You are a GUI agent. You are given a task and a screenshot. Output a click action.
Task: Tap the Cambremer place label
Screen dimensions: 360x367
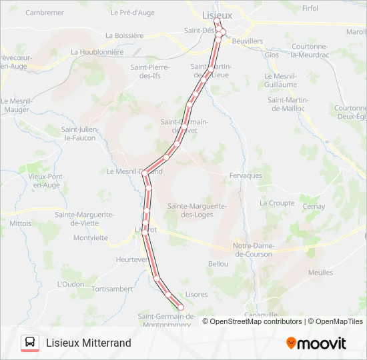point(45,13)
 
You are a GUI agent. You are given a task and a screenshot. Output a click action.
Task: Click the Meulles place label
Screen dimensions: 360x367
point(320,273)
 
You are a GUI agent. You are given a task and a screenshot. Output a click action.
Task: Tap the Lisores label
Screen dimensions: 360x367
point(196,294)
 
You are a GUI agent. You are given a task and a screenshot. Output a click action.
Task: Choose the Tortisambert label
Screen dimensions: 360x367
point(112,289)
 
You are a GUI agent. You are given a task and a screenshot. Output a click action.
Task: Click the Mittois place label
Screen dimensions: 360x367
point(21,223)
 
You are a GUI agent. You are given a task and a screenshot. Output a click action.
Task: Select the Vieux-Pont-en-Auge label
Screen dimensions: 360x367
point(44,181)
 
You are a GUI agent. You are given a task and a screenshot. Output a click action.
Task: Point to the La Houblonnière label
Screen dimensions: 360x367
point(97,51)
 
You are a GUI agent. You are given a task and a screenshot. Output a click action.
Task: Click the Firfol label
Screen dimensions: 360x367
point(310,8)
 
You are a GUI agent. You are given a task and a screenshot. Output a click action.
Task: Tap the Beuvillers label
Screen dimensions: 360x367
point(247,41)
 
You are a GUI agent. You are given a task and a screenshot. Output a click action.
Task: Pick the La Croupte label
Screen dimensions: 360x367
point(277,203)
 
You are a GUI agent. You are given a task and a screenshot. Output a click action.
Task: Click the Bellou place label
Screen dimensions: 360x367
point(218,264)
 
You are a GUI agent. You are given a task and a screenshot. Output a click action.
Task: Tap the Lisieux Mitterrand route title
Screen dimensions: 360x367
point(88,343)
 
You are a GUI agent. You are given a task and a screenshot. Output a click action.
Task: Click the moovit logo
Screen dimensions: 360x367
point(316,343)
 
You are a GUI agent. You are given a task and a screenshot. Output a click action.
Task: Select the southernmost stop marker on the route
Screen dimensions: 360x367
point(180,307)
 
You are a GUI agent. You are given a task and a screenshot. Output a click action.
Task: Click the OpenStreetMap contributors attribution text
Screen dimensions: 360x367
point(256,321)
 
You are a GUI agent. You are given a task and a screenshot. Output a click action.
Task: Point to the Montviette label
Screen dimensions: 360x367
point(90,237)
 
